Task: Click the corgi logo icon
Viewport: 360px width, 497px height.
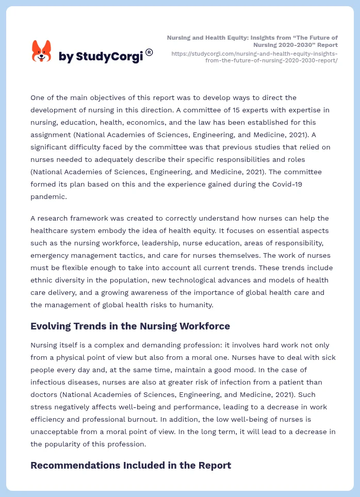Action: (41, 52)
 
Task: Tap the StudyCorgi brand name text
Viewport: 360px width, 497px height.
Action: (101, 57)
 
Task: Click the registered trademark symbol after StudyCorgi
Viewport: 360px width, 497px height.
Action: (149, 52)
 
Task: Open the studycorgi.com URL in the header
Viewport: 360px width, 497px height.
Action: (254, 57)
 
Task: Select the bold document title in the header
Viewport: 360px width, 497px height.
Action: (253, 41)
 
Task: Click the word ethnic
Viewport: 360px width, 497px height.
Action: (42, 280)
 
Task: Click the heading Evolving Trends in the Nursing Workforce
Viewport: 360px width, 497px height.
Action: (130, 326)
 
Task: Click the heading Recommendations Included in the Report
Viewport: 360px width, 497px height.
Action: (130, 465)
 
